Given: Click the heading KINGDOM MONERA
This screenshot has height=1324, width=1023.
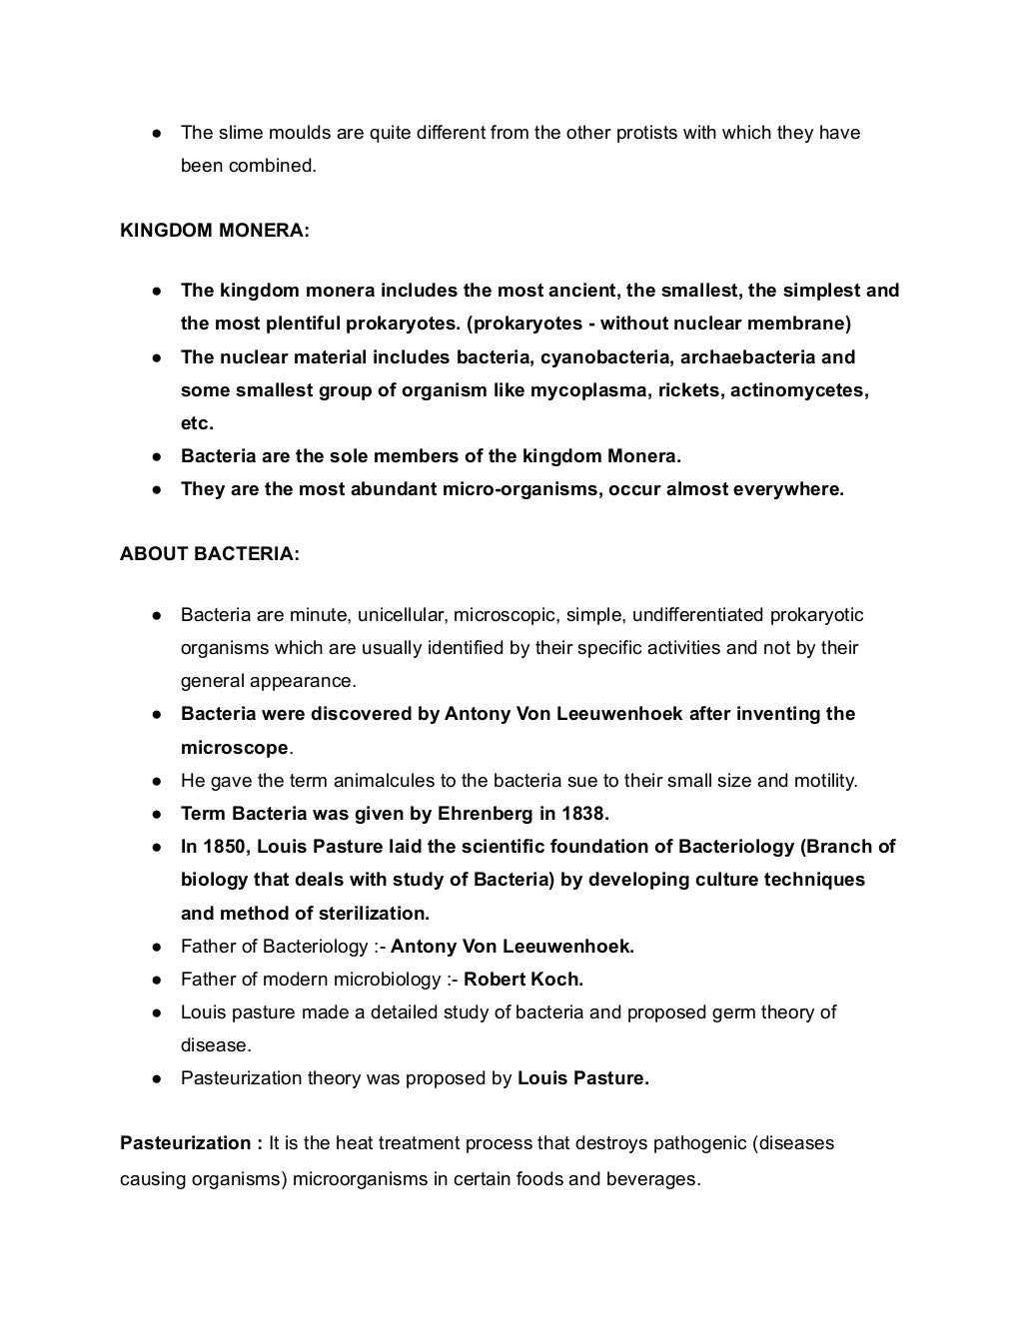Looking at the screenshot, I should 215,231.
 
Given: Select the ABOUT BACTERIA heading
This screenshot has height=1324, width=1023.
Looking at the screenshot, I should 210,554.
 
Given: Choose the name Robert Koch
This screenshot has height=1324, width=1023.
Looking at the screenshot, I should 523,980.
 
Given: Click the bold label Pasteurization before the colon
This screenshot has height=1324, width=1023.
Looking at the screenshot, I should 186,1143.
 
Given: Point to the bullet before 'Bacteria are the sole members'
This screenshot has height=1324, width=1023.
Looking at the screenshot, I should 158,457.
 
